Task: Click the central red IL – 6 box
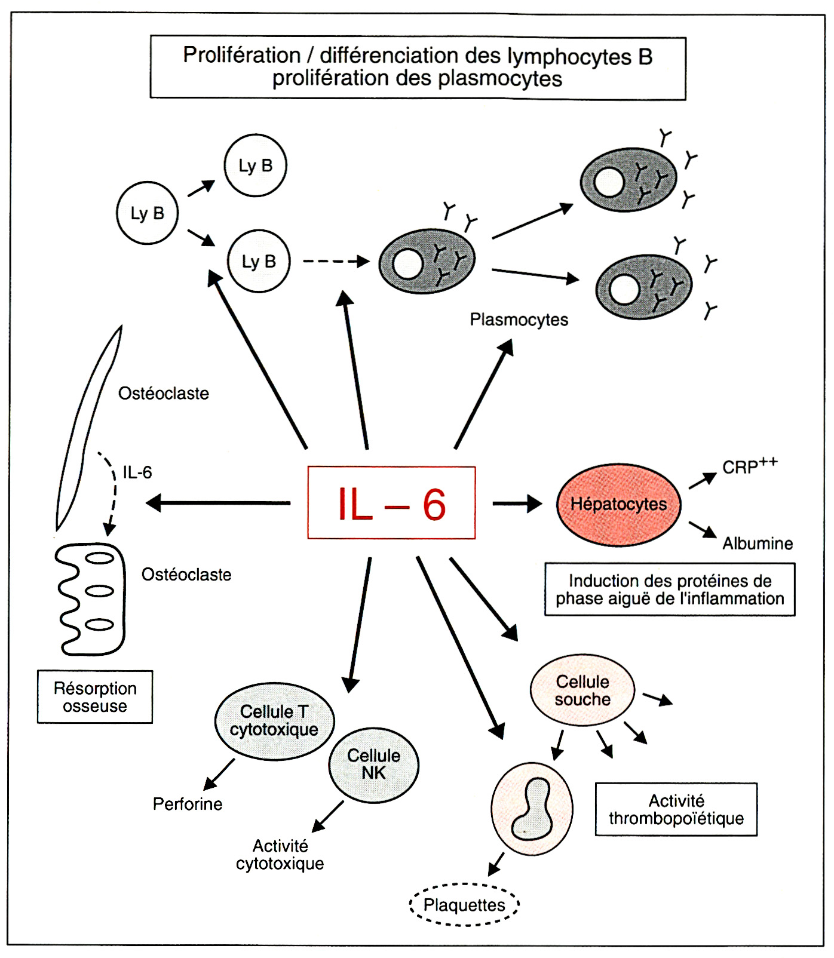[391, 503]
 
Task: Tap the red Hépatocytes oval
[618, 504]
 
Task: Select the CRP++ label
[749, 466]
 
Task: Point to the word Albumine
[758, 544]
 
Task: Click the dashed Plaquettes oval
[464, 905]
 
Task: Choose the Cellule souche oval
[582, 690]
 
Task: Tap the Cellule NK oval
[374, 764]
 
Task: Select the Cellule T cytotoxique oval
[274, 721]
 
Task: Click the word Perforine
[188, 804]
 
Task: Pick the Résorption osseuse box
[95, 697]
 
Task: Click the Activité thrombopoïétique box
[676, 809]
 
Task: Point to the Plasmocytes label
[519, 320]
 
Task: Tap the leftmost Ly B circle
[148, 213]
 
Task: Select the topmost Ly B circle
[256, 165]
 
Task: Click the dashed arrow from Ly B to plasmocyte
[336, 261]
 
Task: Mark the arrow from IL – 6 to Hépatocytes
[517, 503]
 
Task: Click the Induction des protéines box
[670, 589]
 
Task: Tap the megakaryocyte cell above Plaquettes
[532, 809]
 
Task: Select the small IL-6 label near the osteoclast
[137, 472]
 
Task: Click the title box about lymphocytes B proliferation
[418, 67]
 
